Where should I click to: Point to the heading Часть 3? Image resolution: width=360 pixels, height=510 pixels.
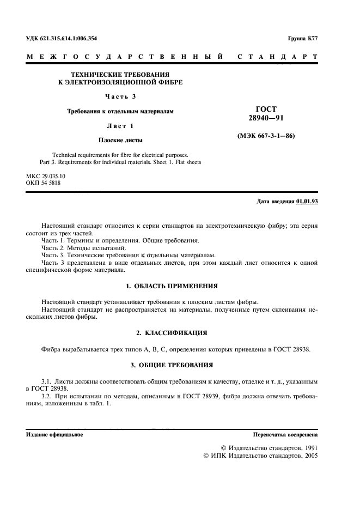click(120, 97)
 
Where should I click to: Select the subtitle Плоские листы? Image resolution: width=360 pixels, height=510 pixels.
click(120, 139)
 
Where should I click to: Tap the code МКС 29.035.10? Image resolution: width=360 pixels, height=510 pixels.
click(45, 177)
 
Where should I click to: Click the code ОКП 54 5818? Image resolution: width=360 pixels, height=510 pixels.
click(44, 184)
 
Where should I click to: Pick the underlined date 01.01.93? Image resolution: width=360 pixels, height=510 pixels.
click(307, 202)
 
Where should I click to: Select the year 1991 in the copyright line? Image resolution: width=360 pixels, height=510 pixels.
click(309, 446)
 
